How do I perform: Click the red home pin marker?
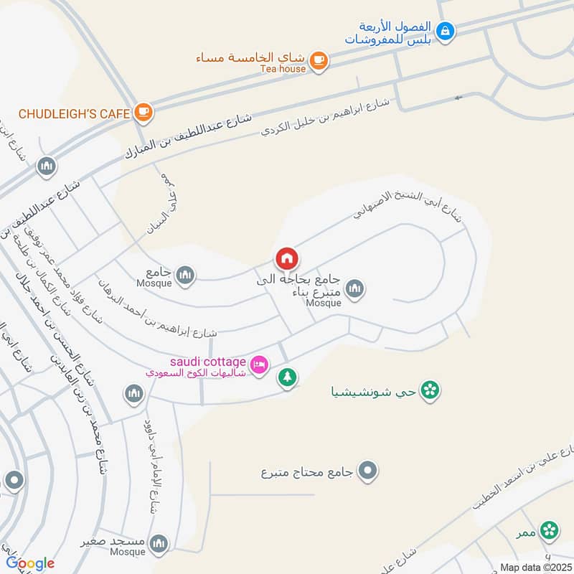pyautogui.click(x=286, y=258)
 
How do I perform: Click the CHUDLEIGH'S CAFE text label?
pyautogui.click(x=74, y=113)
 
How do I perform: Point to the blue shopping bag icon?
pyautogui.click(x=446, y=31)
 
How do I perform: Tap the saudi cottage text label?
pyautogui.click(x=208, y=361)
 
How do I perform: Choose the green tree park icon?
pyautogui.click(x=287, y=377)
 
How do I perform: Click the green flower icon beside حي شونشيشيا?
pyautogui.click(x=430, y=391)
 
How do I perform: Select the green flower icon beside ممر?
pyautogui.click(x=550, y=530)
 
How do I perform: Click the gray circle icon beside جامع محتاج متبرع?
pyautogui.click(x=368, y=471)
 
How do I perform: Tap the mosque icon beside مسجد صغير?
pyautogui.click(x=159, y=542)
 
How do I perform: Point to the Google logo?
pyautogui.click(x=30, y=563)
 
